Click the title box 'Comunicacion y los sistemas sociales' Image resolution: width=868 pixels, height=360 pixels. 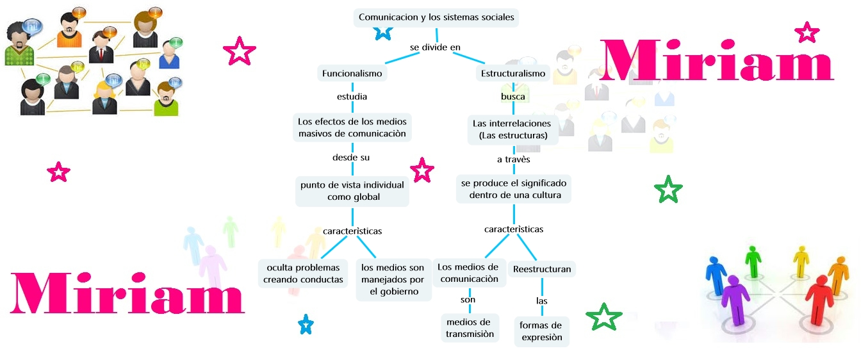point(436,17)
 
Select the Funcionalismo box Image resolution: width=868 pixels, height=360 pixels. point(352,73)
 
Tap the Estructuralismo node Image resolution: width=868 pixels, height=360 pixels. point(513,73)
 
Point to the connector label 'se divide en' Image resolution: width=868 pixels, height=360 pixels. point(435,47)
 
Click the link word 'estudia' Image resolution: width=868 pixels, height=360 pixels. point(352,97)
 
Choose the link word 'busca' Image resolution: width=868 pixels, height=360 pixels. point(512,97)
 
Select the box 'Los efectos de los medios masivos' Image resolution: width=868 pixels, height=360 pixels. point(352,127)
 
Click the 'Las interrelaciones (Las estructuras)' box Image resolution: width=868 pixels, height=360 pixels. point(512,129)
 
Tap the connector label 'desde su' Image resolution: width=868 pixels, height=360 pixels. point(350,157)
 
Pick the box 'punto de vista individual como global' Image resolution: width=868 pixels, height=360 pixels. point(352,191)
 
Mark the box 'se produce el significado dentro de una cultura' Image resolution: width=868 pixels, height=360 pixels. point(514,189)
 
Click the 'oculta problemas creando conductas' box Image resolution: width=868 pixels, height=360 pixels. point(303,273)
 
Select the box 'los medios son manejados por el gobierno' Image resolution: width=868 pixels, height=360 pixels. point(393,279)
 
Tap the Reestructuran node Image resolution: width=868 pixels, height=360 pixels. point(542,269)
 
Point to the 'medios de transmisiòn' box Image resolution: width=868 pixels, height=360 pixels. point(470,327)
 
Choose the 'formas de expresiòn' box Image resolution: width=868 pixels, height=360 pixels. point(541,331)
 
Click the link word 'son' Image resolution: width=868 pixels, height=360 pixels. point(468,300)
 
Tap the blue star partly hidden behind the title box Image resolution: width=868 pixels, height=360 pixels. point(382,31)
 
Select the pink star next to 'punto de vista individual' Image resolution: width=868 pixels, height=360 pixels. point(422,170)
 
